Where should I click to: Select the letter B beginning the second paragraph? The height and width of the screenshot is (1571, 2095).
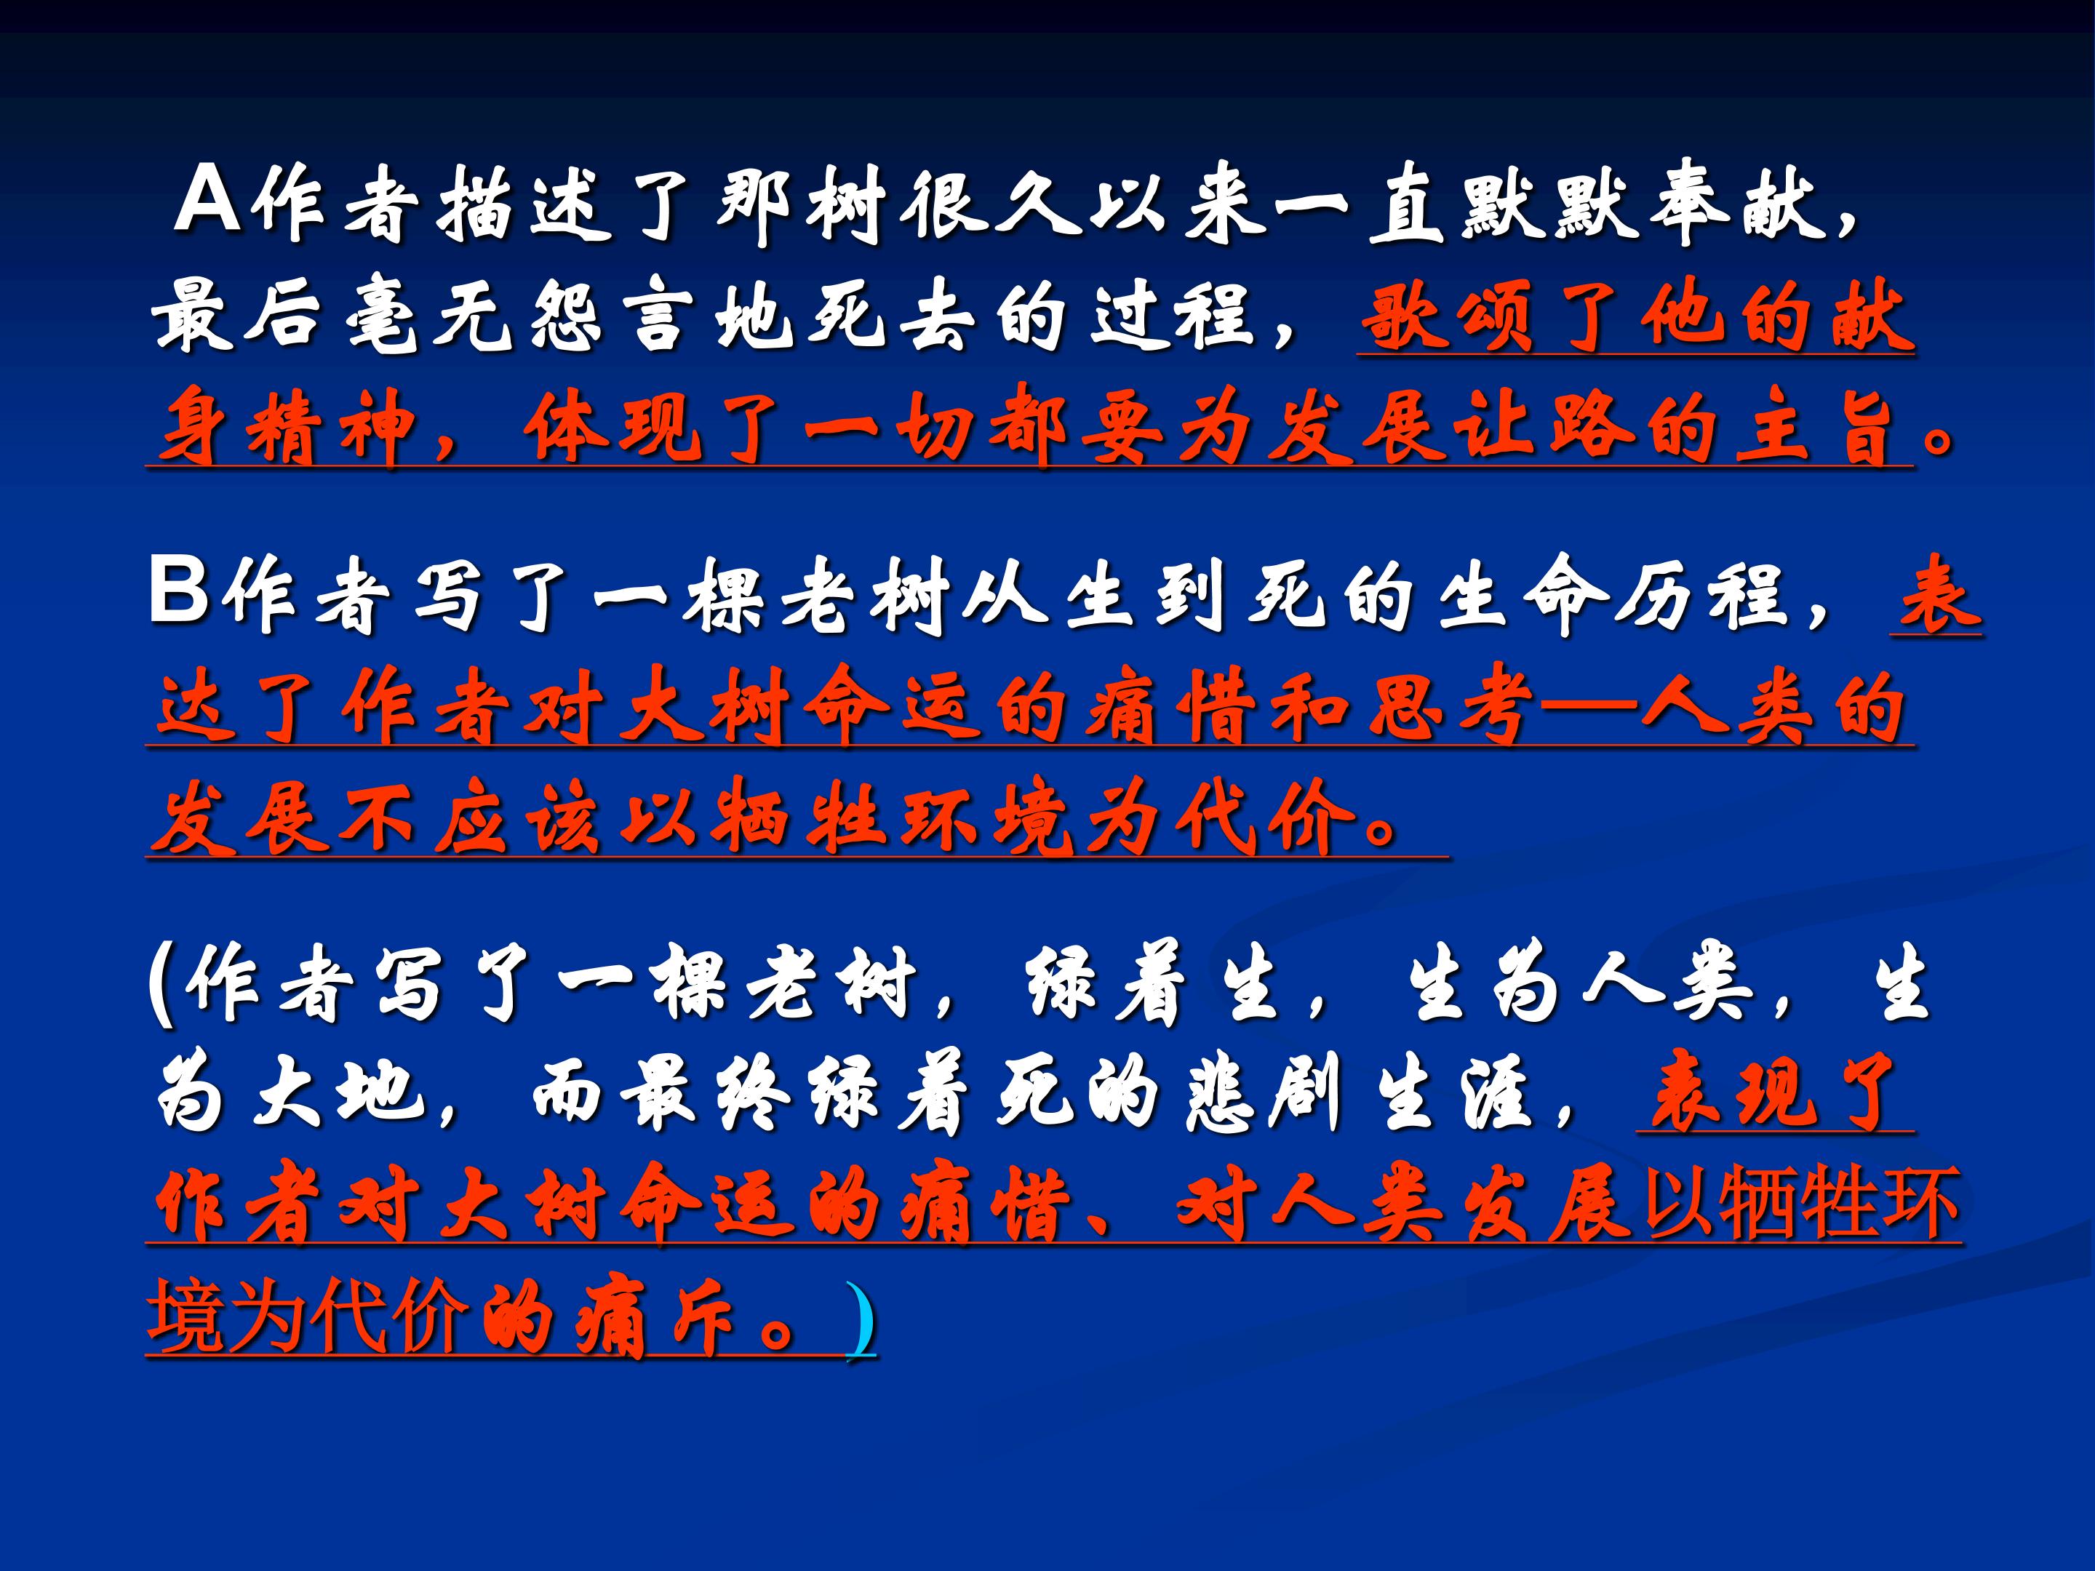tap(178, 593)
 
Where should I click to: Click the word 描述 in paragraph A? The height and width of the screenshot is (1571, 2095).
tap(521, 204)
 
